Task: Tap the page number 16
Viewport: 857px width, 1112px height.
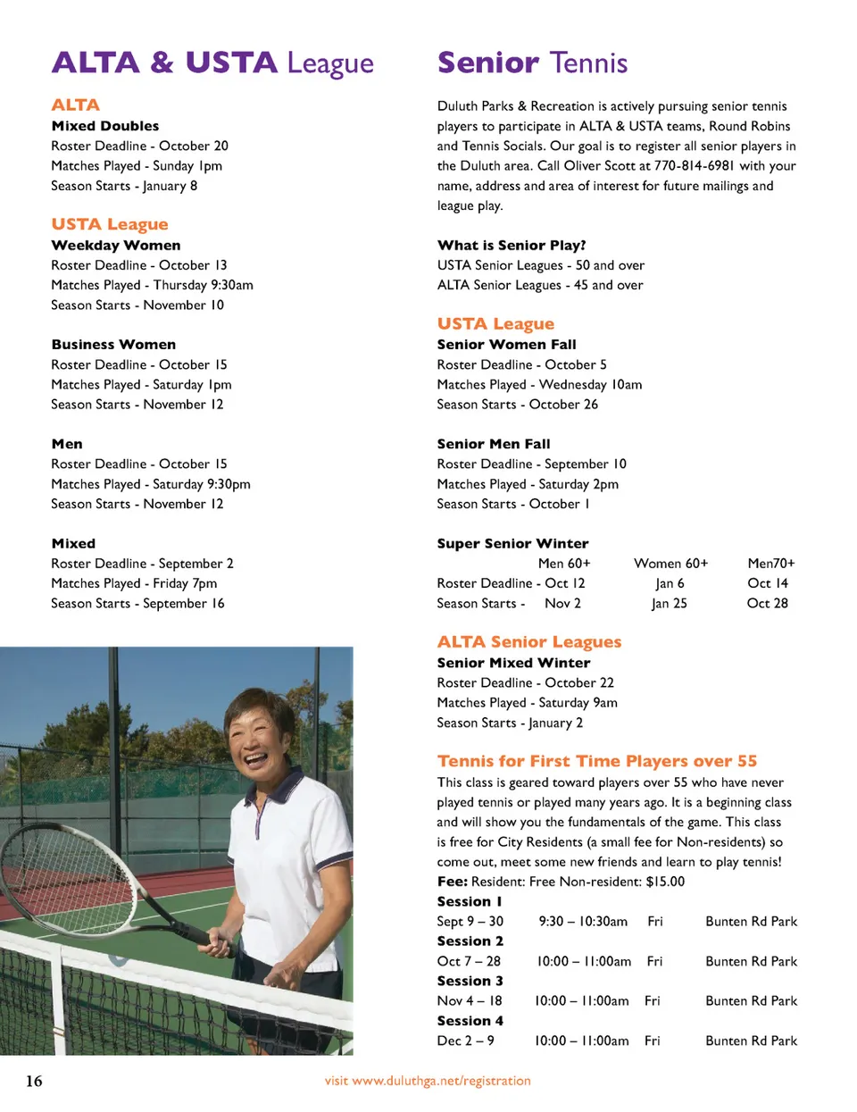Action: point(34,1081)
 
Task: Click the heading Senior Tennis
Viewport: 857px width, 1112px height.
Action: point(532,63)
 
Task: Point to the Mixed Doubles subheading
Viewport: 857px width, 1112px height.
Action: point(105,126)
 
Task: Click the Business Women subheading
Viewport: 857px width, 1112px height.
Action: point(113,345)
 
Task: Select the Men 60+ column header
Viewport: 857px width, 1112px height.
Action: point(564,564)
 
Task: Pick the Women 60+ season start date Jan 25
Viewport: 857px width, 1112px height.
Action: point(670,604)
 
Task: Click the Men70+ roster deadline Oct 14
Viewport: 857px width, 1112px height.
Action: point(768,583)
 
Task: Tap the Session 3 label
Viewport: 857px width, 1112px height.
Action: point(470,981)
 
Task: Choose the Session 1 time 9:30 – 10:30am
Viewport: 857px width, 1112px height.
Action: point(583,921)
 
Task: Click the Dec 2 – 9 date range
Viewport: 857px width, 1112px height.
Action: point(465,1041)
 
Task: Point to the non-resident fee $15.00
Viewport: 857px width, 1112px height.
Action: point(665,882)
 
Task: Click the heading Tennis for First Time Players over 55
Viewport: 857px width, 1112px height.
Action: point(596,761)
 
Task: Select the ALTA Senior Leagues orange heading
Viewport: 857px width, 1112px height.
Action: point(528,641)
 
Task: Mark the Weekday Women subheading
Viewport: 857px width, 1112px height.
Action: point(116,246)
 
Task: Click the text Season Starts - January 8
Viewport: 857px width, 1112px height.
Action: point(124,186)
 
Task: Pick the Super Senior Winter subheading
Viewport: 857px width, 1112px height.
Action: point(512,543)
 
